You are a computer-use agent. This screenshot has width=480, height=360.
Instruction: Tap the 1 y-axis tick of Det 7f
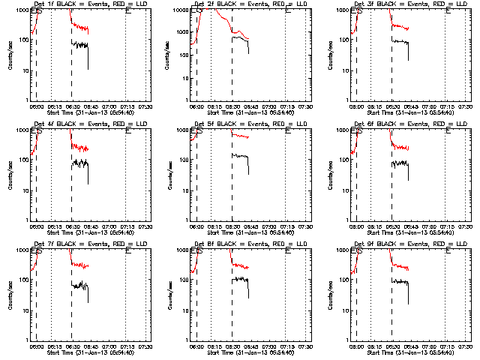tap(26, 339)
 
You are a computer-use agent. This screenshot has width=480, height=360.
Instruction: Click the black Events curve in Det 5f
tap(240, 156)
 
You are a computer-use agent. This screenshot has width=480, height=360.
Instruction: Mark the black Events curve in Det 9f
tap(401, 280)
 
